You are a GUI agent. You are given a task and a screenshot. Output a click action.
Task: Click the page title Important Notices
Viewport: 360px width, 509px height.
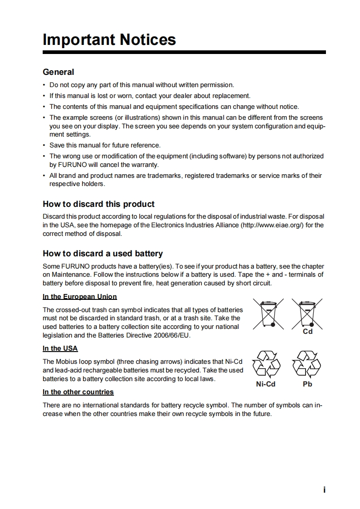coord(109,39)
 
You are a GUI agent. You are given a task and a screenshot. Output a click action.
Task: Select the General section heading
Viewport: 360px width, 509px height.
coord(58,72)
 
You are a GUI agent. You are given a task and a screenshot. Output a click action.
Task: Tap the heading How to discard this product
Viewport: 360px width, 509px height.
coord(99,204)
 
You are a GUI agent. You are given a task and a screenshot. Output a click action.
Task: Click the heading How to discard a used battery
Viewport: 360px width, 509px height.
coord(103,254)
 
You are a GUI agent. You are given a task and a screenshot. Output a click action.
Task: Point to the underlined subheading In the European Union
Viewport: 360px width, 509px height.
coord(79,297)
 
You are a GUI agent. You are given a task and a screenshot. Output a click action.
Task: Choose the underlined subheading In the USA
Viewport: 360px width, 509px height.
coord(60,348)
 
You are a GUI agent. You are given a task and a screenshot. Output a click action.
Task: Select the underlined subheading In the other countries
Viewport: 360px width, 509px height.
coord(78,392)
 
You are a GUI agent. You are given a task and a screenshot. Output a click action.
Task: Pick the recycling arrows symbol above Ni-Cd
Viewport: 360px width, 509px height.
coord(266,365)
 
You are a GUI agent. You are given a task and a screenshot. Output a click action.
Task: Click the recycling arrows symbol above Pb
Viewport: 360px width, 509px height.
coord(307,365)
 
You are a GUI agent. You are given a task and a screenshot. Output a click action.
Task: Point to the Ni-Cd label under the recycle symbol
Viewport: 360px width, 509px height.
coord(266,384)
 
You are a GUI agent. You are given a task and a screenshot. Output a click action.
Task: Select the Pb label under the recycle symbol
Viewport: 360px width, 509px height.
coord(307,384)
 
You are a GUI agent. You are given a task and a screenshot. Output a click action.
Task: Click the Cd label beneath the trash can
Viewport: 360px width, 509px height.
coord(308,332)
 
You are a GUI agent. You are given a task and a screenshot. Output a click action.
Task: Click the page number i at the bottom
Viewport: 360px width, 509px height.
coord(325,490)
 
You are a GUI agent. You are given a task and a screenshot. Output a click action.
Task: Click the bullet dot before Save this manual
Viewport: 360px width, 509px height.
coord(44,146)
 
